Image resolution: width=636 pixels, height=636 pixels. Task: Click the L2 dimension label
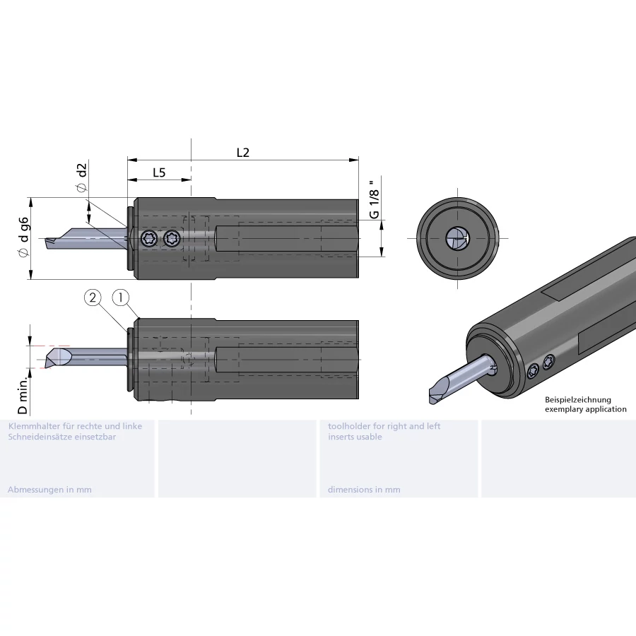(x=243, y=152)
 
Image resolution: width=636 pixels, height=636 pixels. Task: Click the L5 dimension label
(x=159, y=172)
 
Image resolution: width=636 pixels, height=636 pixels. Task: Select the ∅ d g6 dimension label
(x=25, y=237)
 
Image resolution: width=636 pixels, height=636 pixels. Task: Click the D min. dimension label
(x=23, y=396)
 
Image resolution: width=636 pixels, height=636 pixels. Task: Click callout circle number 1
(x=121, y=298)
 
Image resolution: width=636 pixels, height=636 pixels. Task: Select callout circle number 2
(x=93, y=298)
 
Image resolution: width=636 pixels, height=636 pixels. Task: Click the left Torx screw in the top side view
(x=148, y=240)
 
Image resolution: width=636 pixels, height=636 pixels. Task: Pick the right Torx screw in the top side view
(x=171, y=240)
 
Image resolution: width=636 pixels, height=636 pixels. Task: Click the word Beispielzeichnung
(x=578, y=400)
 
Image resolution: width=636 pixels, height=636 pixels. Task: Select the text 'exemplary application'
(x=585, y=409)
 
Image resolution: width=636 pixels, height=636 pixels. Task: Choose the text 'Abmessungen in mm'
(x=49, y=490)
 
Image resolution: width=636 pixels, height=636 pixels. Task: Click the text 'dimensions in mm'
(x=364, y=490)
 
